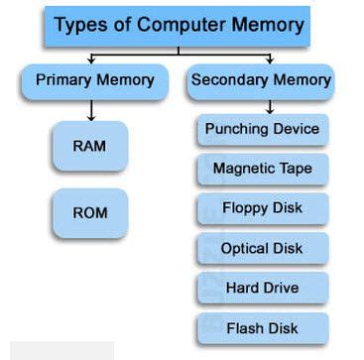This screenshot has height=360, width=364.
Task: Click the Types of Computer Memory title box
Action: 179,25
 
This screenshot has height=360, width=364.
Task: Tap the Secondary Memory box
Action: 261,79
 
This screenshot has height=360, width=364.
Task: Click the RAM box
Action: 89,145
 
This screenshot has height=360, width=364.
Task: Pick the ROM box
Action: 89,212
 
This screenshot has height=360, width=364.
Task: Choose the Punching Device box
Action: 262,129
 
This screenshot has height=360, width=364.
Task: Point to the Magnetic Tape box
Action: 262,169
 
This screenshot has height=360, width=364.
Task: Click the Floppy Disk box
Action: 262,208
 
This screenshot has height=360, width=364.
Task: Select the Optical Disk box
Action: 262,248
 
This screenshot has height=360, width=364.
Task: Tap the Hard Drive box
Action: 262,288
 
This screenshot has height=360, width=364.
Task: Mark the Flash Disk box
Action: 262,327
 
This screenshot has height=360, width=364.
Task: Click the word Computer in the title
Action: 190,25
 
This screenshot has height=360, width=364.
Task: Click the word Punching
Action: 236,129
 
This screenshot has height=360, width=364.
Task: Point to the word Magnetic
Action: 242,169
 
